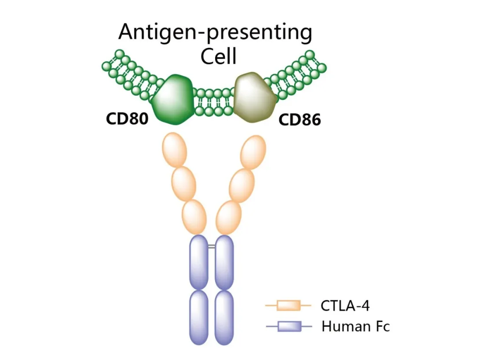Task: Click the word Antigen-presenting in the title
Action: click(215, 33)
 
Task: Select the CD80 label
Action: click(127, 119)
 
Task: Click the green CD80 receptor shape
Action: click(173, 99)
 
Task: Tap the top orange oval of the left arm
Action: click(175, 149)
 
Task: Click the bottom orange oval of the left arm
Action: click(194, 217)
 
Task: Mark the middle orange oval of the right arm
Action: click(242, 184)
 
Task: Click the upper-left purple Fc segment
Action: click(199, 262)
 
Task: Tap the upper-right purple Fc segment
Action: click(224, 262)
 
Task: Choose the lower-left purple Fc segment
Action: click(199, 317)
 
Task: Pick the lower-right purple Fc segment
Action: click(224, 317)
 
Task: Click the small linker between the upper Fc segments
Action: click(212, 246)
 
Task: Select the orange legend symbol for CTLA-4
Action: click(289, 305)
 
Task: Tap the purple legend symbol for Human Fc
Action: click(289, 327)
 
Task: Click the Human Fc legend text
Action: click(355, 327)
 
